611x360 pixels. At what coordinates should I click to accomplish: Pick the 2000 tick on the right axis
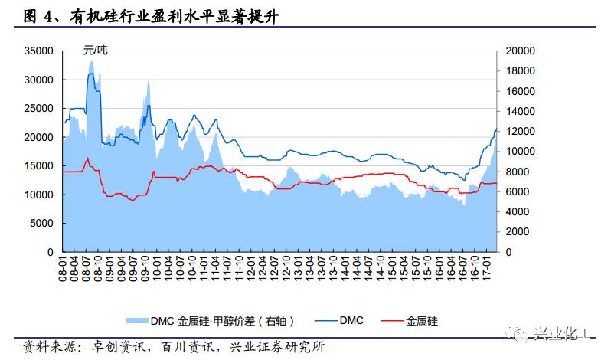pyautogui.click(x=521, y=232)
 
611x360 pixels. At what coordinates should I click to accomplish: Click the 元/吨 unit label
pyautogui.click(x=96, y=51)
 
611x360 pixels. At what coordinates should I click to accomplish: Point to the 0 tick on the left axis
pyautogui.click(x=49, y=252)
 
